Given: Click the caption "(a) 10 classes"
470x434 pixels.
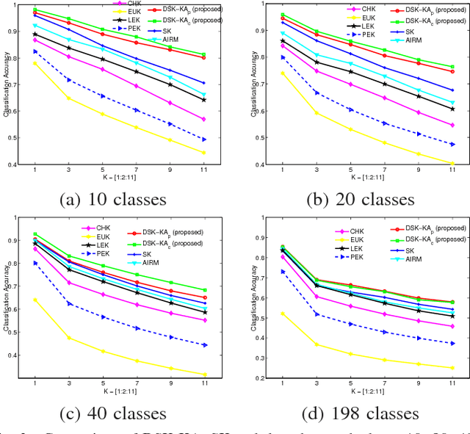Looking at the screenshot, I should [117, 196].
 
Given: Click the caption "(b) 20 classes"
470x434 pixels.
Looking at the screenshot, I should [355, 196].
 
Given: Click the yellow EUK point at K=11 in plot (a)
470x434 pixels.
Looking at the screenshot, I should [203, 153].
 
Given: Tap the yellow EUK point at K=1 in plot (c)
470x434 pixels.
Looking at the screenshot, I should [35, 299].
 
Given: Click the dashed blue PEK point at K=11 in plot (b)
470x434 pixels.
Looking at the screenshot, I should [452, 144].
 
